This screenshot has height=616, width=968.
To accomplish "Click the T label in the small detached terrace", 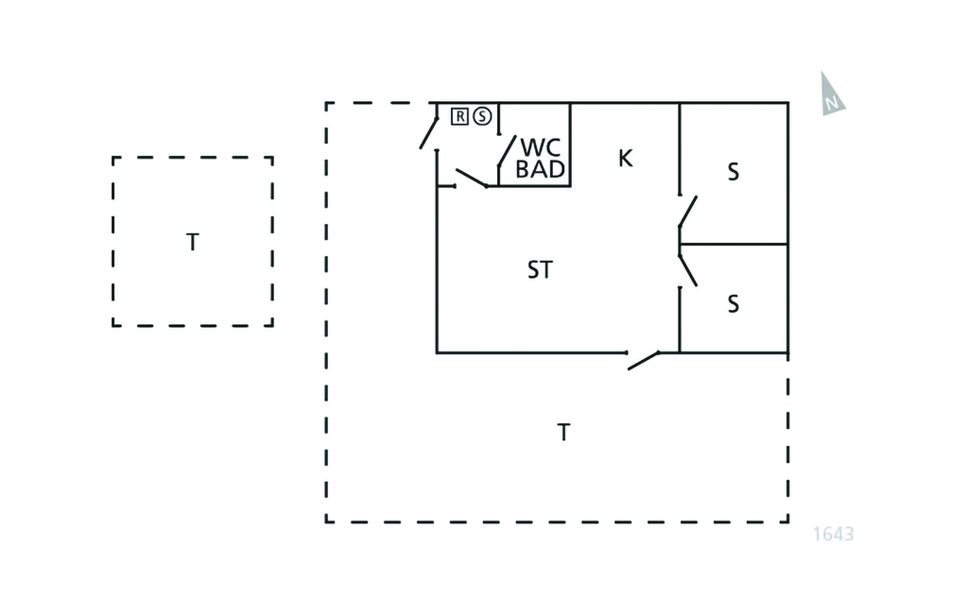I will pos(193,242).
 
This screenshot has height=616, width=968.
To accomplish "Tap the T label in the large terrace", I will pos(563,433).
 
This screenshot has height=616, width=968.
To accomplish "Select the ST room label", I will pos(539,270).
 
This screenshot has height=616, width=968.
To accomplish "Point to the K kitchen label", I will pos(625,158).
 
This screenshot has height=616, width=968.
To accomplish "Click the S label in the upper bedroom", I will pos(733,173).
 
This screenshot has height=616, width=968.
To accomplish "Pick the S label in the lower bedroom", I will pos(733,304).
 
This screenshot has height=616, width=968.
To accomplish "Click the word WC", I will pos(541,148).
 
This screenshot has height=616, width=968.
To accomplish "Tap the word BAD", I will pos(541,170).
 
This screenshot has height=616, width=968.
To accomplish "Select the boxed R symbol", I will pos(459,116).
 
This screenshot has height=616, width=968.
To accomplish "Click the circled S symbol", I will pos(482,116).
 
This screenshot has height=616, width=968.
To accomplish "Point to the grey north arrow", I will pos(831,94).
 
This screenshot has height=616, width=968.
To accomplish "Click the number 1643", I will pos(834,534).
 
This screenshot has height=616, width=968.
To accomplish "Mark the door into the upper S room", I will pos(687,212).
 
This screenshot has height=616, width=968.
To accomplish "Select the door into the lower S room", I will pos(687,269).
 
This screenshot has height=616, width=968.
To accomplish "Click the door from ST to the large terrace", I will pos(644,360).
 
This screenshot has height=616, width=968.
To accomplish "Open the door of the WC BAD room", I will pos(507,154).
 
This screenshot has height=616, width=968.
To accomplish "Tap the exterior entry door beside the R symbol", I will pos(429,132).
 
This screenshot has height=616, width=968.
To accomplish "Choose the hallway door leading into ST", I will pos(471,178).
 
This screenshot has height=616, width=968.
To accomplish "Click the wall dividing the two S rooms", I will pos(734,244).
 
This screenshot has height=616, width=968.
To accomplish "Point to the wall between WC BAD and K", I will pos(571,144).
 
